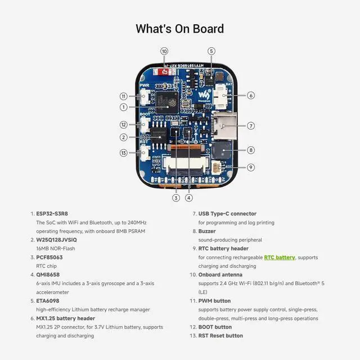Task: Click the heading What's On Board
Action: pyautogui.click(x=180, y=29)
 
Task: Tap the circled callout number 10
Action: pyautogui.click(x=164, y=51)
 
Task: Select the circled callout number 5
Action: pyautogui.click(x=211, y=51)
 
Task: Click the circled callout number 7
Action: pyautogui.click(x=251, y=125)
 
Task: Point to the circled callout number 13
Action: pyautogui.click(x=124, y=152)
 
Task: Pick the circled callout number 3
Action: pyautogui.click(x=175, y=197)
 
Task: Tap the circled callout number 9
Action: pyautogui.click(x=251, y=167)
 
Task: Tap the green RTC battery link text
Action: pyautogui.click(x=280, y=257)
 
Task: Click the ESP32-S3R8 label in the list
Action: pyautogui.click(x=52, y=214)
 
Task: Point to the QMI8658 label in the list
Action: pyautogui.click(x=49, y=274)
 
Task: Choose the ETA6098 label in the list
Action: pyautogui.click(x=48, y=300)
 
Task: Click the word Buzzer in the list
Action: pyautogui.click(x=208, y=231)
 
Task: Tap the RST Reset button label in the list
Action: pyautogui.click(x=220, y=336)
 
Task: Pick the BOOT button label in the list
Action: pyautogui.click(x=215, y=327)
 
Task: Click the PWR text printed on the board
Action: pyautogui.click(x=144, y=85)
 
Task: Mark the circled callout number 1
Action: pyautogui.click(x=124, y=107)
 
